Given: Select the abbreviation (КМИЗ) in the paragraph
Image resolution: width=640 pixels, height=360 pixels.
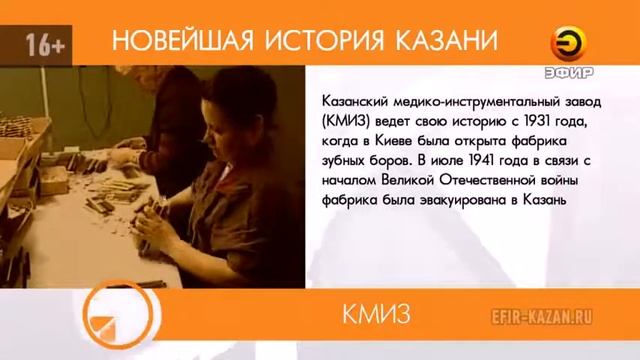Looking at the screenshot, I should [x=349, y=121].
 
